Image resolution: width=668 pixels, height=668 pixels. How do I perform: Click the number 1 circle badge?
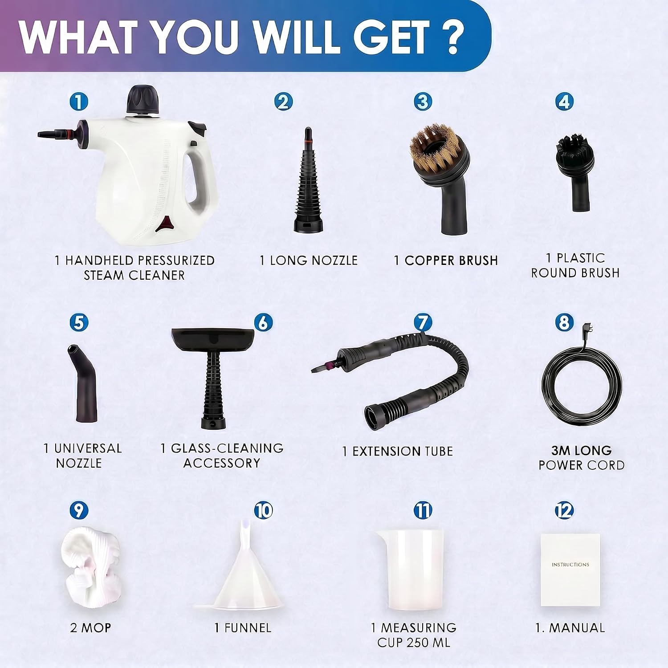click(79, 102)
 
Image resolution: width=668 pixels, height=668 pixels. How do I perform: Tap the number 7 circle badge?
click(423, 323)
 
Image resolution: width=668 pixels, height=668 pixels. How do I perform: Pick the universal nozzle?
click(83, 383)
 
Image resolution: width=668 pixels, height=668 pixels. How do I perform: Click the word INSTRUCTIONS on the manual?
click(570, 565)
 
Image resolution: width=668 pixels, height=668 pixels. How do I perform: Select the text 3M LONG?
click(582, 451)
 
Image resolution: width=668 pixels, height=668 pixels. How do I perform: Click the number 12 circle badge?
click(564, 511)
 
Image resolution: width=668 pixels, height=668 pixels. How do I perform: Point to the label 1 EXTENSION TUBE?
click(398, 451)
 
